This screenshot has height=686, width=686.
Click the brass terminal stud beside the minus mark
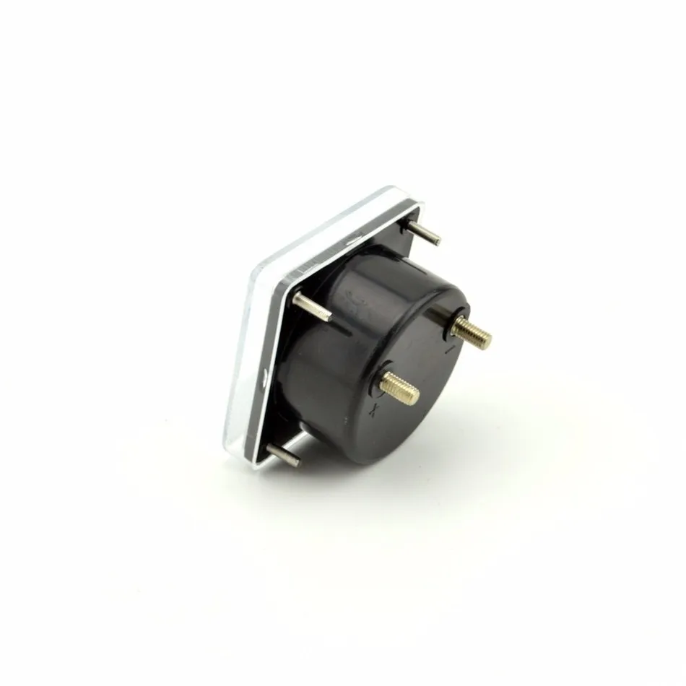pyautogui.click(x=473, y=331)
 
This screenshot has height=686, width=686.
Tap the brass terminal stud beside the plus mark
pyautogui.click(x=400, y=388)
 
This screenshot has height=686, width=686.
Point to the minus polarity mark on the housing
pyautogui.click(x=449, y=352)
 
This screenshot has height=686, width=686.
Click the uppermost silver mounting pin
pyautogui.click(x=422, y=231)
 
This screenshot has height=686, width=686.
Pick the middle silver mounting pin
pyautogui.click(x=312, y=306)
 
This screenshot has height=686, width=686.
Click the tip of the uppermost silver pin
pyautogui.click(x=436, y=240)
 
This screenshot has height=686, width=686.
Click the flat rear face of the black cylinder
pyautogui.click(x=426, y=375)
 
